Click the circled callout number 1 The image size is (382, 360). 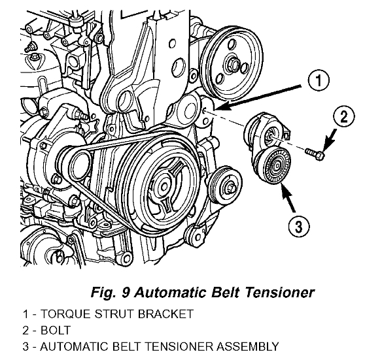[319, 80]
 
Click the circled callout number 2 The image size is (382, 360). [344, 116]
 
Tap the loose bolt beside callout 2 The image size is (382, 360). [315, 154]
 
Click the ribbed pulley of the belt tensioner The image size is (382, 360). [272, 165]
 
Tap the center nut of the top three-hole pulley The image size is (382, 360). [234, 64]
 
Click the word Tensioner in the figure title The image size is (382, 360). [279, 292]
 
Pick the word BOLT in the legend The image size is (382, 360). [56, 331]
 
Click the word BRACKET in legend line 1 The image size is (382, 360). [165, 314]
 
